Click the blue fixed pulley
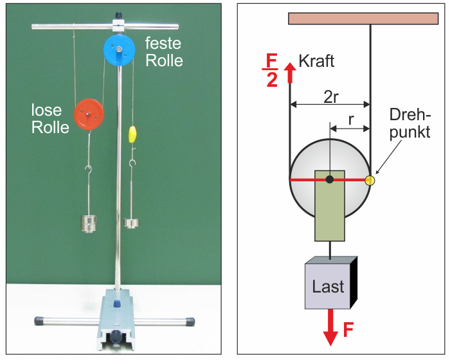coord(119,50)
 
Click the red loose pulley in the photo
coord(89,114)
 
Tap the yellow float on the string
coord(132,134)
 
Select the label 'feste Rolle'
coord(164,52)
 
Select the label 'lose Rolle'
coord(50,118)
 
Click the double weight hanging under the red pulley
coord(89,223)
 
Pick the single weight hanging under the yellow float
coord(131,223)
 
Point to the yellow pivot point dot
coord(370,180)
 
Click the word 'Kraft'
coord(316,61)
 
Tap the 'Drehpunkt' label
coord(410,123)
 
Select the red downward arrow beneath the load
coord(330,327)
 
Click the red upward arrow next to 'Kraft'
coord(290,73)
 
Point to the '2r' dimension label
coord(331,96)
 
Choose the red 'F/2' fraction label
coord(271,70)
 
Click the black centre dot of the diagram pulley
coord(330,180)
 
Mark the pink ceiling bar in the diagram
coord(363,19)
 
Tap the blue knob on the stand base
coord(116,303)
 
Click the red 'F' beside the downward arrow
coord(348,329)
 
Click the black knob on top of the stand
coord(118,15)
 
